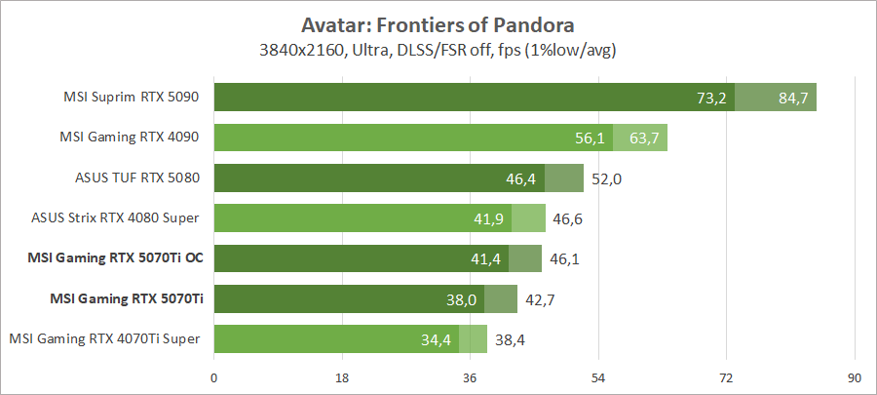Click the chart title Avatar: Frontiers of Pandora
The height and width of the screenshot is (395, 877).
click(438, 22)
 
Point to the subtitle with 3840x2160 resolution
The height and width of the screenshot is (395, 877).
click(438, 48)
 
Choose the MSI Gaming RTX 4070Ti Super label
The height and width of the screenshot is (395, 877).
click(104, 338)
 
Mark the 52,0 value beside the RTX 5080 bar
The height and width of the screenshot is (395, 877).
click(605, 178)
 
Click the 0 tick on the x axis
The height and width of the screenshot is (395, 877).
click(214, 377)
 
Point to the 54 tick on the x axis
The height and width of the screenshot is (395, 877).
click(598, 377)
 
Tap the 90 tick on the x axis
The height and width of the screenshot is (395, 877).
click(854, 377)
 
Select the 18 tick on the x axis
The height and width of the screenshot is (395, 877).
click(342, 377)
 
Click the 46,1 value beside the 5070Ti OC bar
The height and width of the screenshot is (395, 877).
click(563, 258)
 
